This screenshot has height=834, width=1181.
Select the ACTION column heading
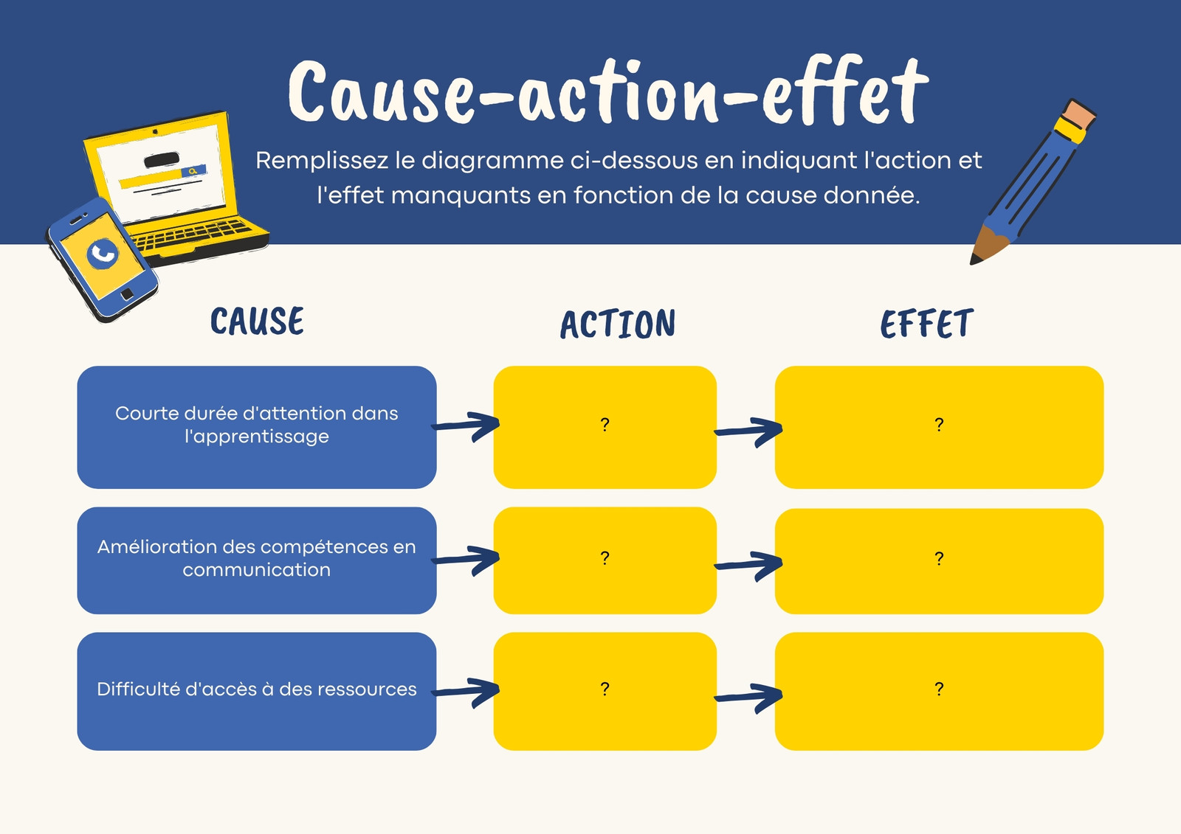pyautogui.click(x=617, y=324)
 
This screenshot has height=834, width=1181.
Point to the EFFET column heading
pyautogui.click(x=926, y=323)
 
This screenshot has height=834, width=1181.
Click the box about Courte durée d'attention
pyautogui.click(x=257, y=427)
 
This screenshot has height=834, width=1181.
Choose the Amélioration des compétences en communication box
pyautogui.click(x=257, y=560)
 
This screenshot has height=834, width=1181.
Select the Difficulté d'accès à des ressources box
pyautogui.click(x=257, y=691)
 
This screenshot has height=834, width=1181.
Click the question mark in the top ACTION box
pyautogui.click(x=605, y=424)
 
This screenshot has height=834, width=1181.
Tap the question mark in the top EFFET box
pyautogui.click(x=939, y=424)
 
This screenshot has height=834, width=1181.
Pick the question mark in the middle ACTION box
pyautogui.click(x=605, y=557)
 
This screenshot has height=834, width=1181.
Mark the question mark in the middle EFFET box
pyautogui.click(x=939, y=558)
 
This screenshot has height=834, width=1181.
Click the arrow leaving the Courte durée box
pyautogui.click(x=466, y=425)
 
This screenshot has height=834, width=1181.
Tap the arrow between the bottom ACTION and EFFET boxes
pyautogui.click(x=748, y=698)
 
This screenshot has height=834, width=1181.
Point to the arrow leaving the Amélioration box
pyautogui.click(x=466, y=560)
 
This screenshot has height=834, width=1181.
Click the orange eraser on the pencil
pyautogui.click(x=1079, y=114)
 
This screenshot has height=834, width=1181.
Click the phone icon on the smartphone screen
pyautogui.click(x=103, y=254)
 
